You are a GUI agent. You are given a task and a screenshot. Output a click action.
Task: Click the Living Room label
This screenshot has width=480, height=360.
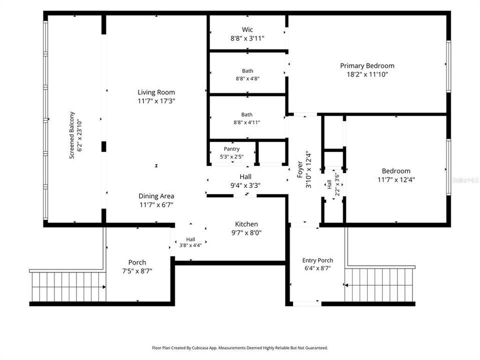tap(156, 92)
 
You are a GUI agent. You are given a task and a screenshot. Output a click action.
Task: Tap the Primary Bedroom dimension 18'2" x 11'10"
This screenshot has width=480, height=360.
tap(367, 74)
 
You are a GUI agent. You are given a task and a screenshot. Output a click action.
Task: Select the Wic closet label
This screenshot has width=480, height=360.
tap(247, 29)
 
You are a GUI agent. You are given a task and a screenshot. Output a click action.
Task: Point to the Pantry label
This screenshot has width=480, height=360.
tap(231, 149)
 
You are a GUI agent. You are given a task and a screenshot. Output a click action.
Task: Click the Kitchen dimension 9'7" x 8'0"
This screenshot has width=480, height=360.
tap(246, 232)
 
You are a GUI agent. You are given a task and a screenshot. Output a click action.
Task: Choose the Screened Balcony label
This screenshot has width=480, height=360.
tap(71, 135)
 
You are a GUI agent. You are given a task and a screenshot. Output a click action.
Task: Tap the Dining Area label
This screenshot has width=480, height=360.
tap(156, 196)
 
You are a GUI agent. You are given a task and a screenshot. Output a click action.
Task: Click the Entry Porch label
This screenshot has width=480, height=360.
tap(317, 260)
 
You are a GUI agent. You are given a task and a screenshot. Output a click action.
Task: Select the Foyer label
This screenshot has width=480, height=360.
tap(300, 169)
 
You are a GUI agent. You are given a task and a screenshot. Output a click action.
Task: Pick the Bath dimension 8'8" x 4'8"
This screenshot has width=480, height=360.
tap(247, 78)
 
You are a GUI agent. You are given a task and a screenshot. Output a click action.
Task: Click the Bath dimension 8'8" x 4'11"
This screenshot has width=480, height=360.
tap(246, 122)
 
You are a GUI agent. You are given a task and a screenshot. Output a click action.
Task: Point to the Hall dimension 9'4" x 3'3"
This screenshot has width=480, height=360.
tap(245, 185)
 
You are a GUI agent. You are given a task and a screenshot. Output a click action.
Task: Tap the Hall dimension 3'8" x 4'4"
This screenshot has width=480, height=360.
tap(190, 245)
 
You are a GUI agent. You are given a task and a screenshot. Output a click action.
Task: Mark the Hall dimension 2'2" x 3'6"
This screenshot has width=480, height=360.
tap(337, 184)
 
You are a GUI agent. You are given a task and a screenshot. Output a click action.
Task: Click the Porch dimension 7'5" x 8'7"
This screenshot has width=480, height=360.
tap(137, 271)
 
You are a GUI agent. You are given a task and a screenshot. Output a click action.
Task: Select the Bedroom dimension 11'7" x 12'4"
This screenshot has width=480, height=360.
tap(396, 179)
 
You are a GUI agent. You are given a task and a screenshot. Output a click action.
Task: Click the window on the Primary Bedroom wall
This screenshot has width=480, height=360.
tap(448, 66)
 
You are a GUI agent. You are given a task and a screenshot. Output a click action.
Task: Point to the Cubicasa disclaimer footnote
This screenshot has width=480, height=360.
tap(239, 348)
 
